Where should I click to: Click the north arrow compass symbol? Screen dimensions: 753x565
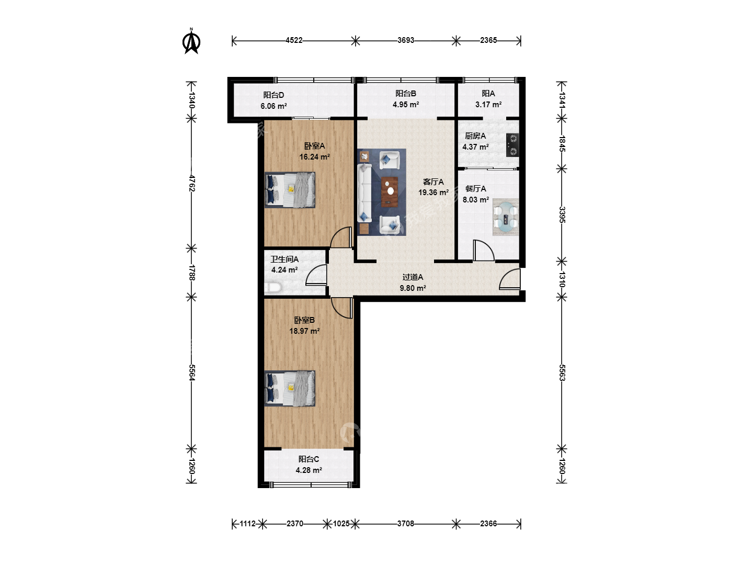point(191,41)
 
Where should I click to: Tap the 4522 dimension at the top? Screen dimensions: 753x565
point(294,40)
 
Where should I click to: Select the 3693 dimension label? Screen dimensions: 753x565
point(406,40)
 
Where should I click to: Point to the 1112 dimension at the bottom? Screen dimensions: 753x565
point(247,524)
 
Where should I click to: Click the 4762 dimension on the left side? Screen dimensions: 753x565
point(192,184)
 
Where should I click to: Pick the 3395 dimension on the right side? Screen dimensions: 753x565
point(562,214)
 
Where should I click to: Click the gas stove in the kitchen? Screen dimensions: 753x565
point(512,145)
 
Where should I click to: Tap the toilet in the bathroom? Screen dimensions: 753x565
point(273,288)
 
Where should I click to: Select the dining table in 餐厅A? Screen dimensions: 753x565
point(506,217)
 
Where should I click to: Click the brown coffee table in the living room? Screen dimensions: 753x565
point(390,192)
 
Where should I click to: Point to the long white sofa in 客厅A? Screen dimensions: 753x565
point(364,193)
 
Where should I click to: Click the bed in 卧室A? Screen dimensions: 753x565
point(290,190)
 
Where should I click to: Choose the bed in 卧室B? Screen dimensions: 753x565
point(290,389)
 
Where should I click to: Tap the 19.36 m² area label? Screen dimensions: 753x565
point(433,193)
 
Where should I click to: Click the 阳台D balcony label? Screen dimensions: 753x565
point(273,95)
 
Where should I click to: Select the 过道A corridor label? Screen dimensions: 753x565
point(413,277)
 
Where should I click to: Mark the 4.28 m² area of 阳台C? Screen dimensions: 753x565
point(309,470)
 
